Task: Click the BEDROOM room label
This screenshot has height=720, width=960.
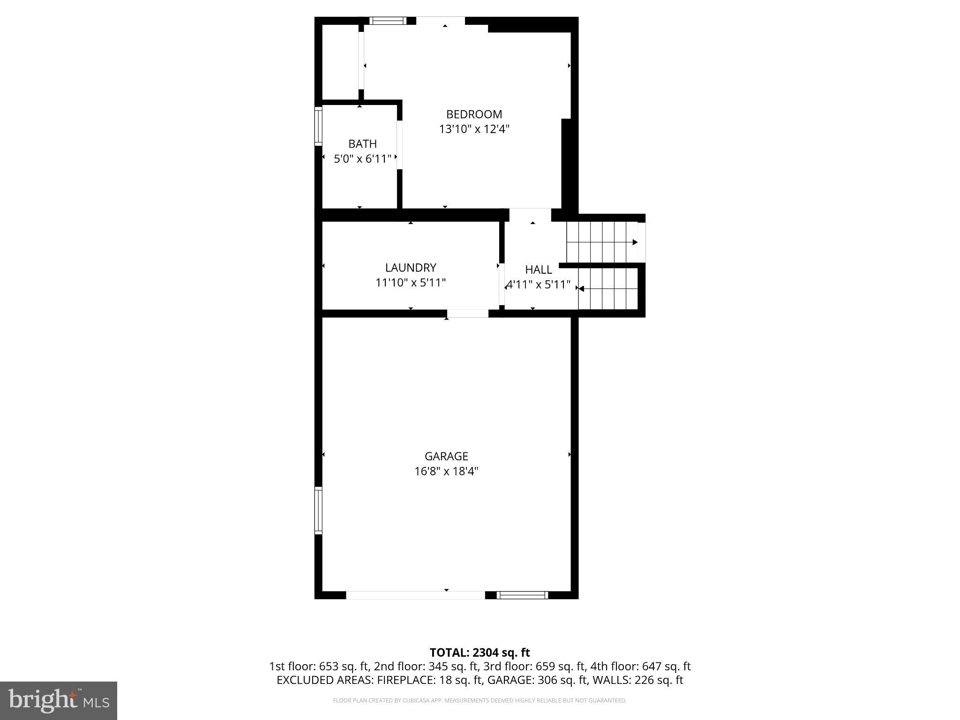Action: (474, 114)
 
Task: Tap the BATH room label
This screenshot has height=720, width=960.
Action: (362, 144)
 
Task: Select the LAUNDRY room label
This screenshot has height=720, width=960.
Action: (411, 268)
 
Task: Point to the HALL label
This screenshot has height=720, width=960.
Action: (538, 270)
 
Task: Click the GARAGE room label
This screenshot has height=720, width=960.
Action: (446, 456)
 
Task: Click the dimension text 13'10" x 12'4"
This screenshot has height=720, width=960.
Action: (474, 129)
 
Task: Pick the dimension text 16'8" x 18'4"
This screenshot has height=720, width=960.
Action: (446, 471)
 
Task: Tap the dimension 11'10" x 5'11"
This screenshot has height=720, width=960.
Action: (411, 283)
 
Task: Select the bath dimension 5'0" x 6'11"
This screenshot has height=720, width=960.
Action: (362, 159)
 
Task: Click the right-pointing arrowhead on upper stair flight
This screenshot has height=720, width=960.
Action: (635, 242)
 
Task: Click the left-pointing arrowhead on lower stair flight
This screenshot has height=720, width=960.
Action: (581, 289)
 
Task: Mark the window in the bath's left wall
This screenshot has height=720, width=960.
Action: (318, 126)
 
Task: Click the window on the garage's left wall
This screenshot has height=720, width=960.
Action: (318, 510)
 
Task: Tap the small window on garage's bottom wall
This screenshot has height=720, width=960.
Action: (522, 595)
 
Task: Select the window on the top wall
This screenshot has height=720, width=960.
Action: (387, 21)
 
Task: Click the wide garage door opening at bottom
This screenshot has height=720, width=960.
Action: (415, 595)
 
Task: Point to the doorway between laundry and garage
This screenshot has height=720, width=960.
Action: (467, 314)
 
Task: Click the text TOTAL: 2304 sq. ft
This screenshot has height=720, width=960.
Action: (480, 652)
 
